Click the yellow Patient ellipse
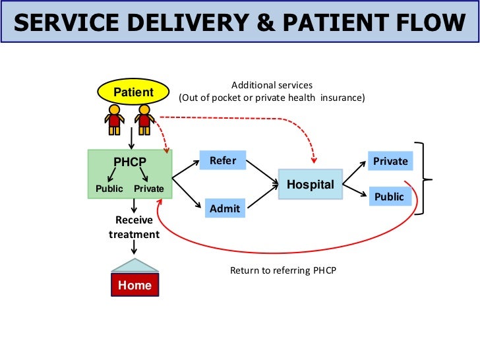point(133,92)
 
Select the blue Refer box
point(223,160)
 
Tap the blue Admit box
point(225,208)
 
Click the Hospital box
point(311,185)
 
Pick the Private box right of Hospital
point(390,161)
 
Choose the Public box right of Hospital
point(390,196)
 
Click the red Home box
point(135,285)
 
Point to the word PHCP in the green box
point(130,162)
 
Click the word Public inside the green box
point(109,189)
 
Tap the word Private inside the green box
point(149,189)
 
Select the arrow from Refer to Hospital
point(262,172)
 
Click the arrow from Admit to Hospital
point(263,196)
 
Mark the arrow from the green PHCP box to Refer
point(186,169)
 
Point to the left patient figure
point(115,120)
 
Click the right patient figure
point(144,120)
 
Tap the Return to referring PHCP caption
point(283,270)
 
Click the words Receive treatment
point(134,227)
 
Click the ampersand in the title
point(266,22)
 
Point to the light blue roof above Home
point(135,266)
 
